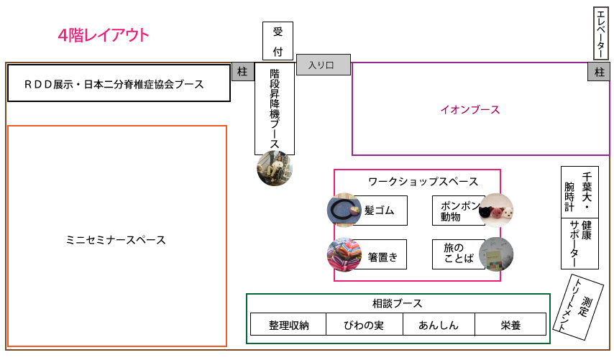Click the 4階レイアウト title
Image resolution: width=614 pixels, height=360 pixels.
tap(104, 35)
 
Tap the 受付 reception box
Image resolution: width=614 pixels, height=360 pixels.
tap(278, 42)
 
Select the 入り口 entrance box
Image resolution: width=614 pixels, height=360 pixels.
tap(323, 65)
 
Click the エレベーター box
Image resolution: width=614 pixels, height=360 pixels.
tap(602, 33)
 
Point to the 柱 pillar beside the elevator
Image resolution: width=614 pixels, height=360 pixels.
tap(598, 72)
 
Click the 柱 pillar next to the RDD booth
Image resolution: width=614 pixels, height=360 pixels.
tap(242, 72)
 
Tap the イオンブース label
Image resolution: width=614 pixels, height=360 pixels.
tap(470, 110)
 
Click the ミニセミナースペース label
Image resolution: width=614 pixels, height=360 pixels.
tap(116, 239)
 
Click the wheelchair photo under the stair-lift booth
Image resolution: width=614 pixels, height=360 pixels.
tap(275, 169)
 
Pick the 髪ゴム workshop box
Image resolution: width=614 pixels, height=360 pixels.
tap(381, 210)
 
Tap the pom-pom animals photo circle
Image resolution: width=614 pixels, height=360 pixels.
tap(496, 211)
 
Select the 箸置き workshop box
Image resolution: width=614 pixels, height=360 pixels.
tap(381, 254)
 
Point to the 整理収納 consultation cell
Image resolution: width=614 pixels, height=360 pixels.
tap(288, 325)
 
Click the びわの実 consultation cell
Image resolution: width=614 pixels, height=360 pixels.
tap(364, 325)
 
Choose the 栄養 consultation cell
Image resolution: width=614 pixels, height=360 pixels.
tap(510, 325)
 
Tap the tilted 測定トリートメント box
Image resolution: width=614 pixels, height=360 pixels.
tap(579, 308)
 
